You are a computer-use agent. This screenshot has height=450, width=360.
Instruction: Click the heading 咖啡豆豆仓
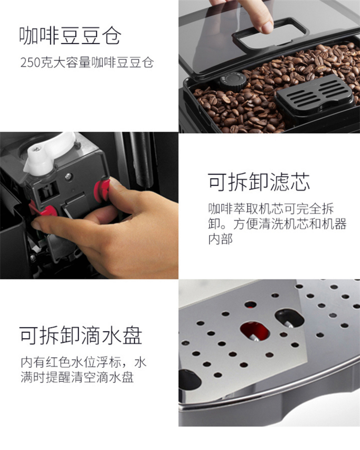click(x=70, y=36)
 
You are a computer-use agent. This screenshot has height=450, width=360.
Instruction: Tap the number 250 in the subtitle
click(x=30, y=62)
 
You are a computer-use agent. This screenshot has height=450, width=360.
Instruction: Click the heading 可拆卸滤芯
click(x=259, y=182)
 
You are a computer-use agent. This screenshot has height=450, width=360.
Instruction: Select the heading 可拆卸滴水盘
click(x=81, y=335)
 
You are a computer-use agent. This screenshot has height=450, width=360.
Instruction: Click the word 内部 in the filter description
click(x=220, y=239)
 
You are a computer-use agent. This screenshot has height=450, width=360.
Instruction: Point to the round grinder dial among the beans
click(x=233, y=81)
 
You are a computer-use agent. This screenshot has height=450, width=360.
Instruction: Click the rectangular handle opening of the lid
click(x=269, y=33)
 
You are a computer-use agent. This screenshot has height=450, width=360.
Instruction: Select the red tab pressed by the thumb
click(x=102, y=190)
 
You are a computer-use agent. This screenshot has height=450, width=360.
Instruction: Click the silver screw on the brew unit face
click(x=68, y=177)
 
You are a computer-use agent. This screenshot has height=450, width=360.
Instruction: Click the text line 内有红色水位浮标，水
click(x=83, y=362)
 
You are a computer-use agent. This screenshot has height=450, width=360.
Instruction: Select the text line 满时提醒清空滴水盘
click(x=77, y=378)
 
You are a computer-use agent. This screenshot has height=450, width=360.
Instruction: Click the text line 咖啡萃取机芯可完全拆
click(x=271, y=209)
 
